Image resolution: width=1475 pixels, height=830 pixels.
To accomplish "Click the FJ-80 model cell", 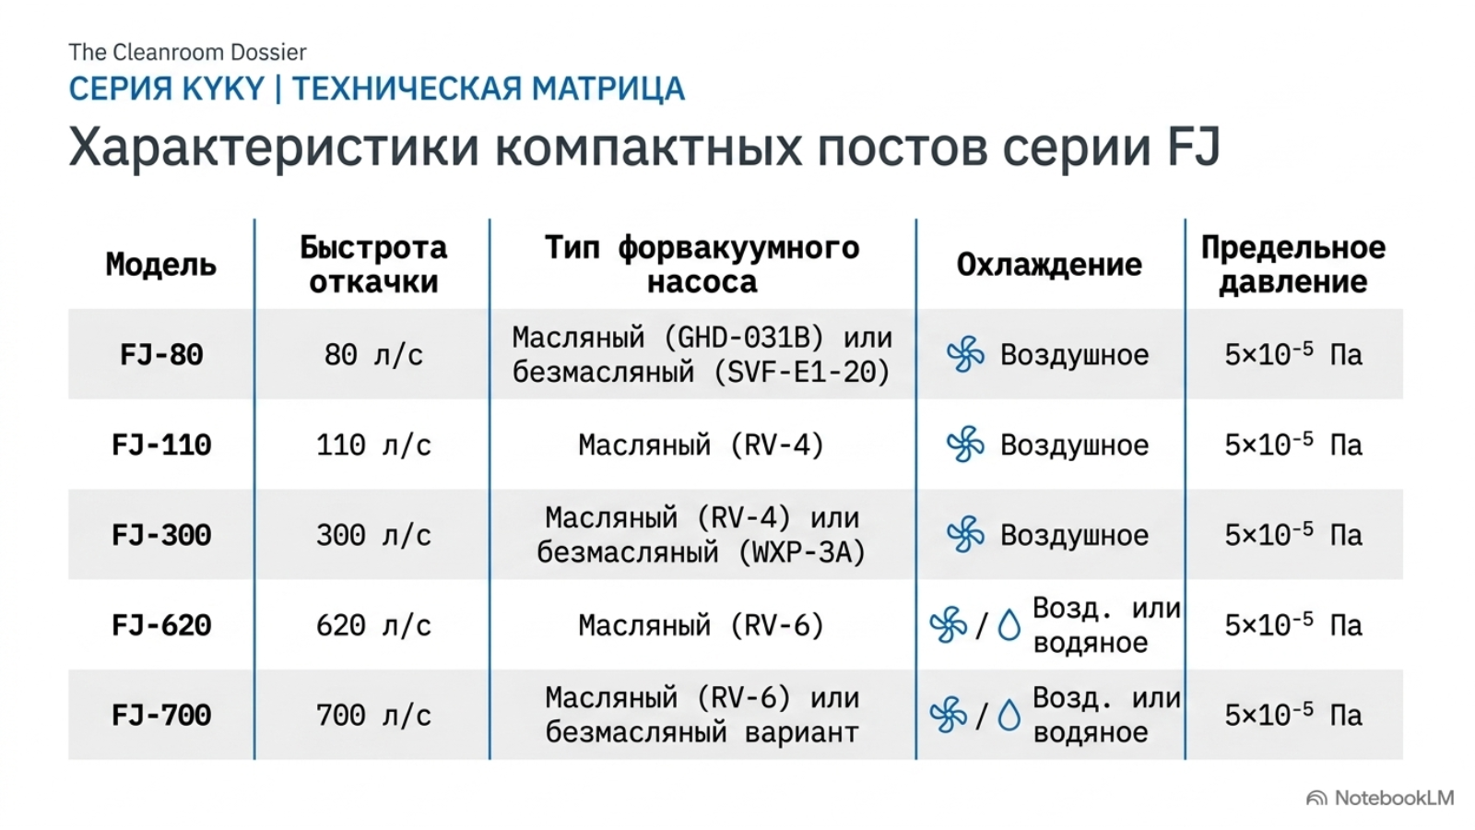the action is [161, 355].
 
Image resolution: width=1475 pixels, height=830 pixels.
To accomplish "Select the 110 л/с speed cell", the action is [373, 445].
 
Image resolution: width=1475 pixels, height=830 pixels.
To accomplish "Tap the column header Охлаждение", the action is [1049, 265].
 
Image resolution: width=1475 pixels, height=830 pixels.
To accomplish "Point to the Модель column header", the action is [161, 265].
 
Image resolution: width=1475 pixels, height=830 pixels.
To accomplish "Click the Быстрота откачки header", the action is [373, 265].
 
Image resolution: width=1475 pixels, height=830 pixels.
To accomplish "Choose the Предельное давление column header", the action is [1293, 265].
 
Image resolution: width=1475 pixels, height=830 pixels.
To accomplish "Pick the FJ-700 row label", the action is [161, 716].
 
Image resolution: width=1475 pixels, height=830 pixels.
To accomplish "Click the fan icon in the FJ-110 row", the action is [965, 445].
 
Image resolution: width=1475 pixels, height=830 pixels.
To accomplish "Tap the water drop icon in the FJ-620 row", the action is [1009, 625].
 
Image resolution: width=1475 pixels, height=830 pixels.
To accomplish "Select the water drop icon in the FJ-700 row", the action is [1009, 716].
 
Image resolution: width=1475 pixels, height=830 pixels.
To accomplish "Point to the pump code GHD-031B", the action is [743, 338].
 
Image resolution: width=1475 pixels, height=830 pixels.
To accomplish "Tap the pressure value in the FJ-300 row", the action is [1293, 534].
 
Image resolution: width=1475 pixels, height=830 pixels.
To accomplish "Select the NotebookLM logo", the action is [1380, 798].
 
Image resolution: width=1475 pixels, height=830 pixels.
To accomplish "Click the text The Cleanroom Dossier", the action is [188, 52].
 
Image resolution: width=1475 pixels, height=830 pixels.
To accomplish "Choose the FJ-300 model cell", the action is [161, 536].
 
